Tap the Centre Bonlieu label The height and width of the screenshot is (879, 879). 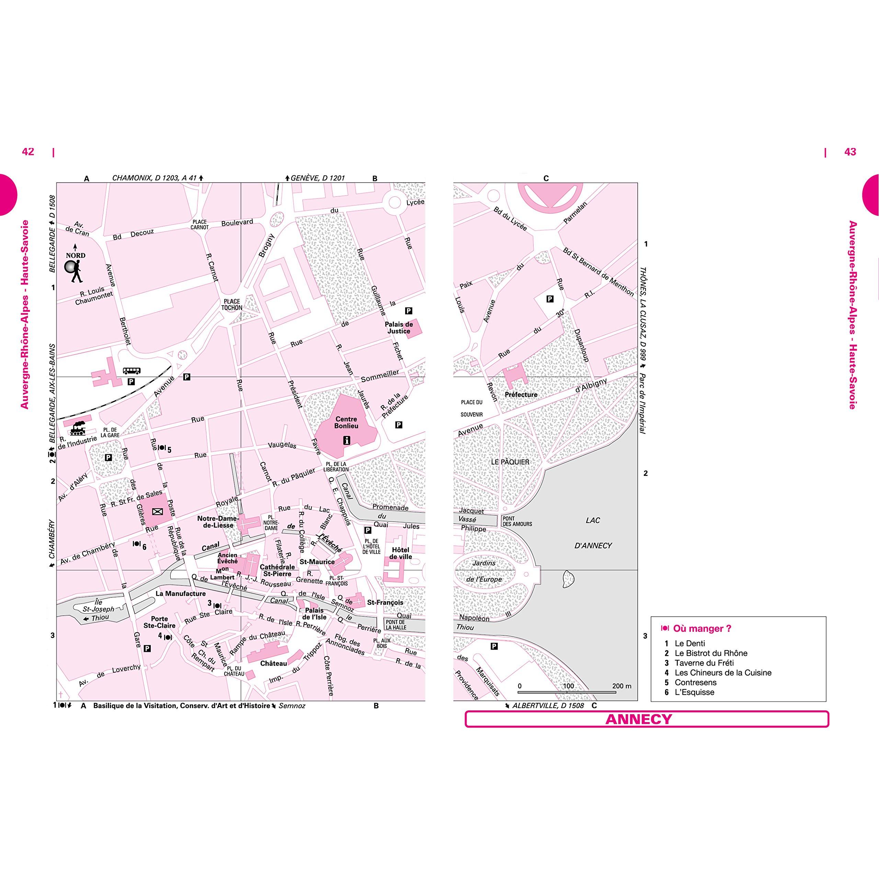pos(346,422)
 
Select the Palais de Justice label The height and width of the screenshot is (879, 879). pos(399,328)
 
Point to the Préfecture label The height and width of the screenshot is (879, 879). pos(521,395)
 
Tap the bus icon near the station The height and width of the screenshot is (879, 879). pos(132,371)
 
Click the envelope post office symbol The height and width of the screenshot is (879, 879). pos(157,511)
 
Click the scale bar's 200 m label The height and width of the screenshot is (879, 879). pos(621,686)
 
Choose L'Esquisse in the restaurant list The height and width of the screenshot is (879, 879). pos(694,692)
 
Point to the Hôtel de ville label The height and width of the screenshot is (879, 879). pos(400,553)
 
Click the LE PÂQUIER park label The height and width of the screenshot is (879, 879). pos(510,462)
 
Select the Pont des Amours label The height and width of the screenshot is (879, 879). pos(517,521)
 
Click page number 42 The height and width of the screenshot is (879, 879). pos(28,151)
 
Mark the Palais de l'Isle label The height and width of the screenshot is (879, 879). pos(315,613)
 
